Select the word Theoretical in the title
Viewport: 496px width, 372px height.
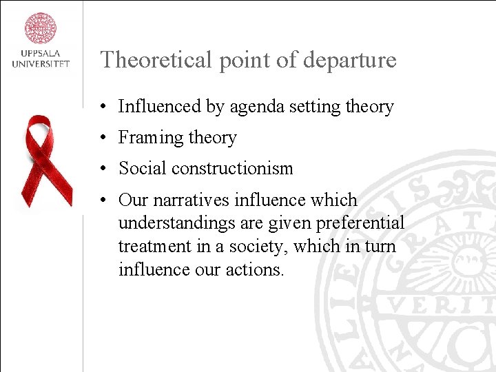click(156, 60)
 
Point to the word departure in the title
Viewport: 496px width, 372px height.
click(354, 60)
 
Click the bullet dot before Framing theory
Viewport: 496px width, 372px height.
click(101, 138)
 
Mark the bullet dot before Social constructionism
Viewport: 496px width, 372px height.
click(101, 169)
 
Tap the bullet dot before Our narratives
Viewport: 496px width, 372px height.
click(101, 200)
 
